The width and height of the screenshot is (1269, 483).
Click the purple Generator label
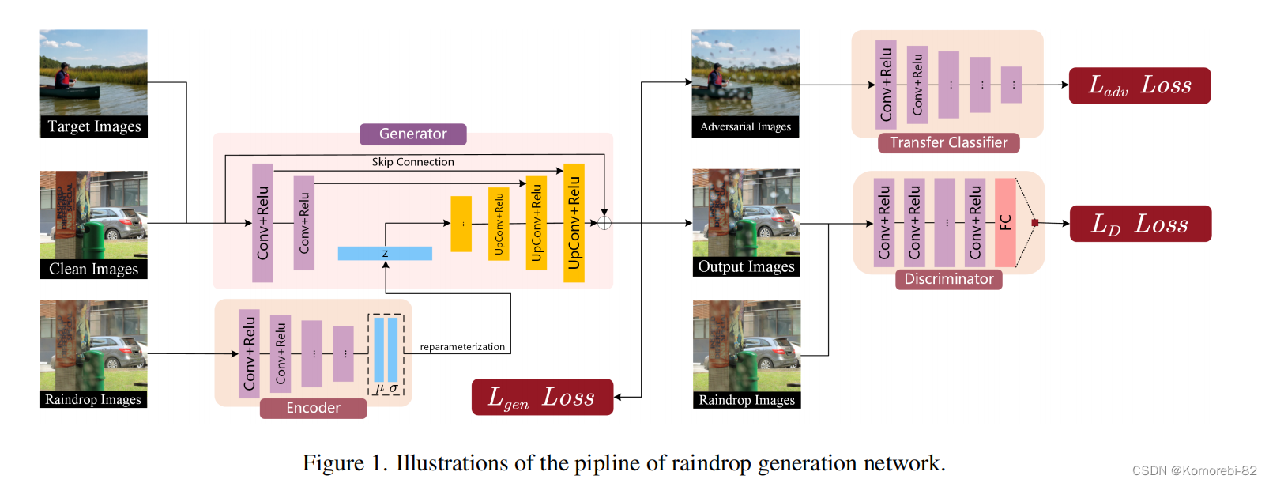click(412, 134)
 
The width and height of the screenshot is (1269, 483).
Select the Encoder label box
click(313, 408)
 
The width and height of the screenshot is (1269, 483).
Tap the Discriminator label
click(948, 279)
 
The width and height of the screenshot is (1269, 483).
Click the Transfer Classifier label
click(948, 143)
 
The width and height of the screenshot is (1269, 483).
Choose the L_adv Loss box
click(1139, 85)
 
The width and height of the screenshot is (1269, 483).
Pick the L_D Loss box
click(1140, 224)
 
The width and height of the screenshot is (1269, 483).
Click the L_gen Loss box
click(542, 397)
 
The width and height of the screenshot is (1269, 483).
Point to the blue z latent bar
click(385, 254)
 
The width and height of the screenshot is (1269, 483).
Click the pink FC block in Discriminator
click(1005, 223)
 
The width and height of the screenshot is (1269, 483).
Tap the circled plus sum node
click(604, 223)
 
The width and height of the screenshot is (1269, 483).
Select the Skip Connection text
click(412, 162)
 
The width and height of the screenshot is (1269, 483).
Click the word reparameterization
click(462, 347)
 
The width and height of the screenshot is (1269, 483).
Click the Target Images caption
click(94, 126)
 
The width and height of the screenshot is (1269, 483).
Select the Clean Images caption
click(93, 270)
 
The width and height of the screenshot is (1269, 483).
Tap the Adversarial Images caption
click(745, 126)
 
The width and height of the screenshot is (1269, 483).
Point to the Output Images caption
click(746, 267)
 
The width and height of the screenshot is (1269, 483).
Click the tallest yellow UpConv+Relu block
click(574, 223)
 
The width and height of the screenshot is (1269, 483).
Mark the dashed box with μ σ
click(386, 354)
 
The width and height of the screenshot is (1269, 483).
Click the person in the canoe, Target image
click(63, 77)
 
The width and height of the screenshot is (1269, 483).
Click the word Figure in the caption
click(333, 463)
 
